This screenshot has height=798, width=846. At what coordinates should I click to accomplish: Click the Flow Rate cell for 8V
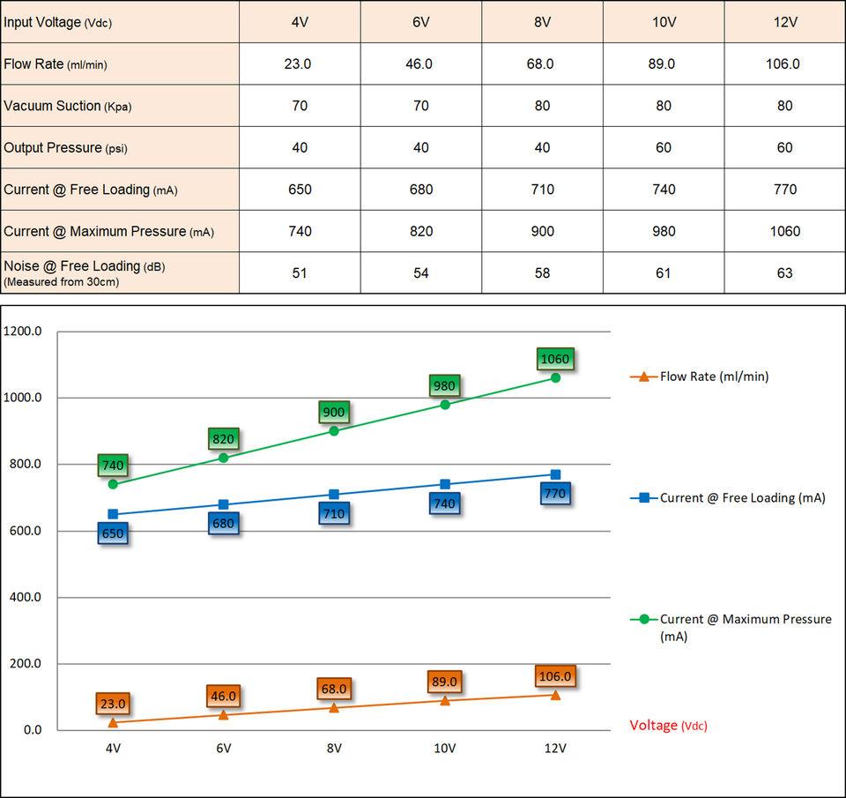coord(542,63)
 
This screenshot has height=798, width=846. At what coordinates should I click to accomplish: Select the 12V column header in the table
coord(784,21)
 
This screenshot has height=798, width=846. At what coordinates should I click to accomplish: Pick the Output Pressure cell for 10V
coord(663,147)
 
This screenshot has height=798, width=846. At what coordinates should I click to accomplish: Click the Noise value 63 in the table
coord(784,272)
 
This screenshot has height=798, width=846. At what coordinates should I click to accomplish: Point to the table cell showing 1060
coord(784,231)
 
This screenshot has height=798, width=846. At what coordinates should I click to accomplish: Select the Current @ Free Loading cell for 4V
coord(300,190)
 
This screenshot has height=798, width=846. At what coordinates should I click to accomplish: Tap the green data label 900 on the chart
coord(334,412)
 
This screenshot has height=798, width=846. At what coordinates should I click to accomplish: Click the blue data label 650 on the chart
coord(112,533)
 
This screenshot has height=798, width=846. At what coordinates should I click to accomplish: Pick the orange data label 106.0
coord(555,676)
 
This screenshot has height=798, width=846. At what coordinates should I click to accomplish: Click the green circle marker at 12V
coord(555,377)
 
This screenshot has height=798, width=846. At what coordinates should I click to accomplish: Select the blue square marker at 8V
coord(334,495)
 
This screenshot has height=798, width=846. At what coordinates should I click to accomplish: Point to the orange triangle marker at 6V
coord(223,714)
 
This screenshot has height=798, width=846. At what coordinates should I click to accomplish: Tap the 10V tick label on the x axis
coord(444,749)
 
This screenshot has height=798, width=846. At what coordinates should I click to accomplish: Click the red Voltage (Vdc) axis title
coord(668,726)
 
